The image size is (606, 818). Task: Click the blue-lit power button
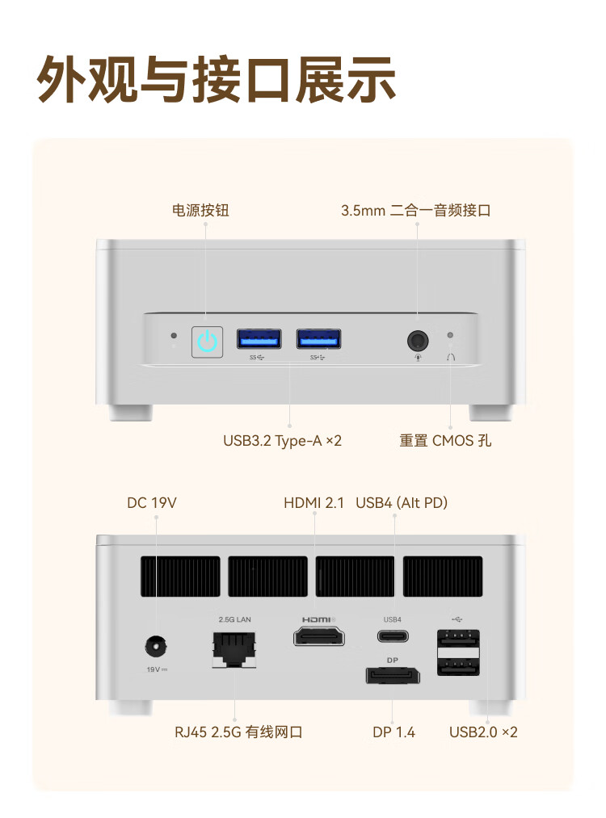click(x=207, y=341)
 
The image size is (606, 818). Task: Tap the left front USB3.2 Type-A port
click(x=259, y=338)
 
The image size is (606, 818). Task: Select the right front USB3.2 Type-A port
click(x=318, y=338)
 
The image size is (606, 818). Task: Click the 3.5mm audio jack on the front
click(x=418, y=339)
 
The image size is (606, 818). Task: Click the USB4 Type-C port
click(x=392, y=636)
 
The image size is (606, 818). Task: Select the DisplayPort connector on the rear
click(x=392, y=675)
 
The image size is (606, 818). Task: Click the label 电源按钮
click(x=200, y=210)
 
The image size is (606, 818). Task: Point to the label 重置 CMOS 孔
click(x=444, y=441)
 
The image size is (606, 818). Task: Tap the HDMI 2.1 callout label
click(x=314, y=503)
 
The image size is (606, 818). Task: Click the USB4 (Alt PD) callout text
click(x=402, y=503)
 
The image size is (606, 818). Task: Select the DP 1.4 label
click(x=393, y=732)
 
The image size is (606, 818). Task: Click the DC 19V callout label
click(x=152, y=503)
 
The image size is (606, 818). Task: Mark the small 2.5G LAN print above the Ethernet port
click(x=234, y=619)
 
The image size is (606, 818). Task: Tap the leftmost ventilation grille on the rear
click(x=179, y=576)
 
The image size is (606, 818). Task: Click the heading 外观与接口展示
click(x=217, y=80)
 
